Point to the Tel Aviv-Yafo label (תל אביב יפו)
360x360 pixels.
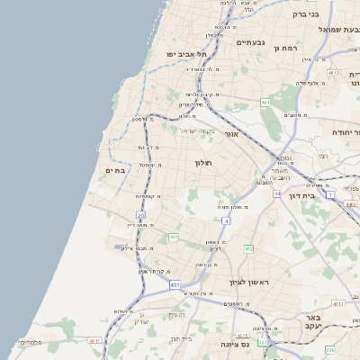coord(186,54)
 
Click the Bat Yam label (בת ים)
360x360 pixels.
coord(114,170)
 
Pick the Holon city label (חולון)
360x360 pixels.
coord(202,163)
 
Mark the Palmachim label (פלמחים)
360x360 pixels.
coord(31,342)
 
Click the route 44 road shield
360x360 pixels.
coord(279,193)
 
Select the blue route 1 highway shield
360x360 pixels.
coord(330,194)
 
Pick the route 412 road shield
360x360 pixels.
coord(249,247)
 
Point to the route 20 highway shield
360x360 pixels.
coord(140,215)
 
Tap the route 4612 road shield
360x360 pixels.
coord(334,72)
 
